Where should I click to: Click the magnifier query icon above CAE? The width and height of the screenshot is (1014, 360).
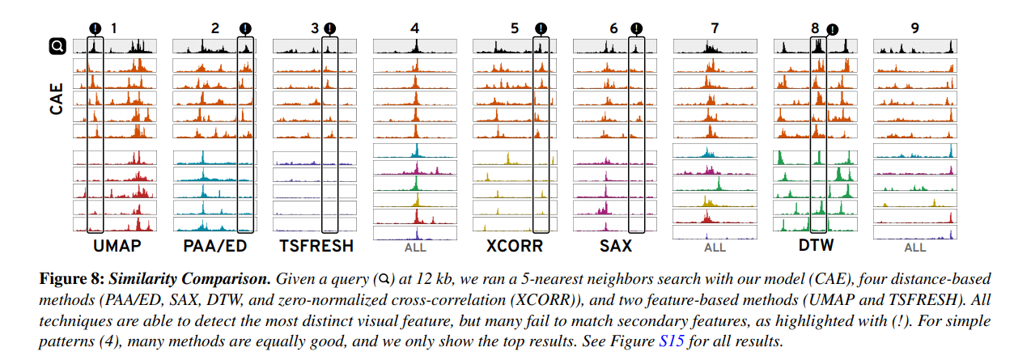(57, 47)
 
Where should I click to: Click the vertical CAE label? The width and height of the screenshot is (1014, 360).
(56, 95)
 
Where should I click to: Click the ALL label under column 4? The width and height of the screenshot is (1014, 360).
(414, 248)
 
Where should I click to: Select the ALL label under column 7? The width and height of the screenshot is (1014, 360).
(715, 248)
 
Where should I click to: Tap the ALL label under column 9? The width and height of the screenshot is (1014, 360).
(915, 248)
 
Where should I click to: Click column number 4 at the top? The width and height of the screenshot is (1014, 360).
(415, 28)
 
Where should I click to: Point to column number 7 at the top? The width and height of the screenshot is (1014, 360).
(715, 28)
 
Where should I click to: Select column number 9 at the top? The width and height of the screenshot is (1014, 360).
(914, 28)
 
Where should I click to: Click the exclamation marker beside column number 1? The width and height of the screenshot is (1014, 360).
(95, 28)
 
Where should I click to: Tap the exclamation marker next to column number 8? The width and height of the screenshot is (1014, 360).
(833, 29)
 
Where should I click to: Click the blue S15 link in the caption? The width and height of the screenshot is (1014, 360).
(672, 341)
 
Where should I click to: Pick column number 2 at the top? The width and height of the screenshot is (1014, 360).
(214, 28)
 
